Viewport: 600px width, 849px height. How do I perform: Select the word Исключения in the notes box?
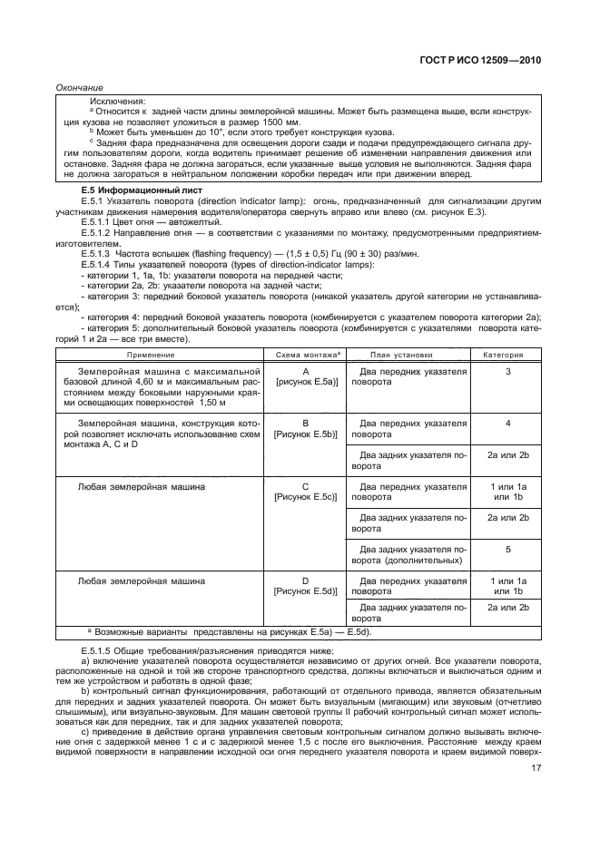115,102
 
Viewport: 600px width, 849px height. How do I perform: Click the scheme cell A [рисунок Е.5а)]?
306,377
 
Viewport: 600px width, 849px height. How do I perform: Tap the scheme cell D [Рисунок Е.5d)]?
306,585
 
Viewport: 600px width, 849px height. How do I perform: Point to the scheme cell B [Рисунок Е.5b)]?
306,428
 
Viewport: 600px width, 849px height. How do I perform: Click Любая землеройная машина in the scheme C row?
142,486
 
